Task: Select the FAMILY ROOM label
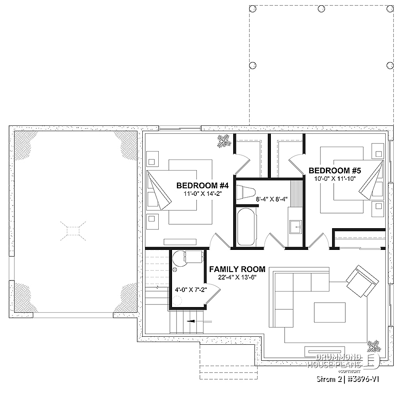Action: click(x=237, y=269)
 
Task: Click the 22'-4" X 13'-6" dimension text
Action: click(x=237, y=277)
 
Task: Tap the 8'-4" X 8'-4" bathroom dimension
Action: click(x=272, y=199)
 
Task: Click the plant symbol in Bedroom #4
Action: click(x=223, y=141)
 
